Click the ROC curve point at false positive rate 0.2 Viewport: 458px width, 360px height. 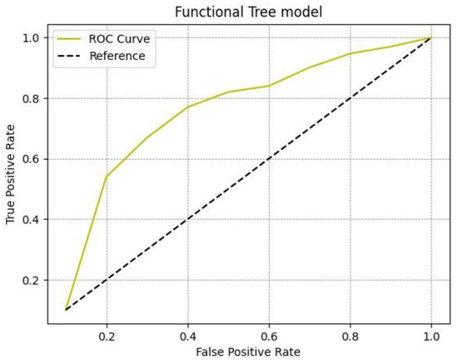click(106, 177)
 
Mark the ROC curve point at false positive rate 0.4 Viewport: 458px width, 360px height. click(187, 107)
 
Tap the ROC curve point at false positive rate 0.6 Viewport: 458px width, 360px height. click(269, 86)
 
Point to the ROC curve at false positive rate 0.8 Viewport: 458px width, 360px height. click(351, 53)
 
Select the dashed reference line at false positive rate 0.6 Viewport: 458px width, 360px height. click(269, 158)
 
